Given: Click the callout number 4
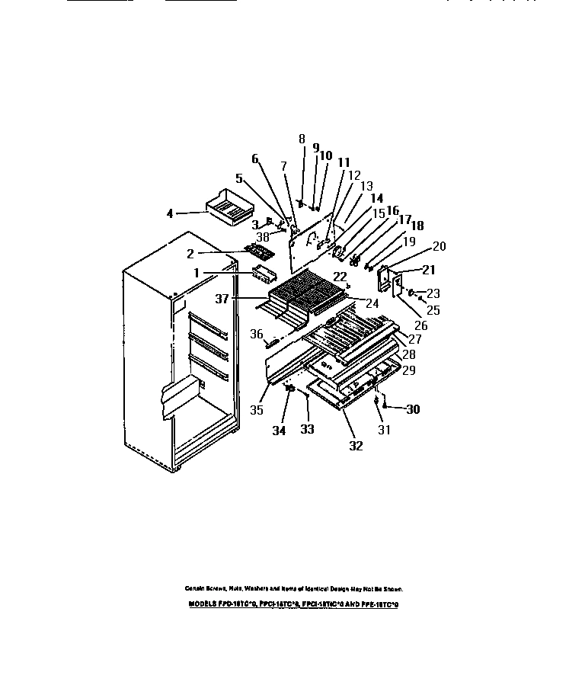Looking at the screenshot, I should tap(170, 213).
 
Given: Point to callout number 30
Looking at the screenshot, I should tap(413, 409).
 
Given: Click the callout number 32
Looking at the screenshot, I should tap(356, 447).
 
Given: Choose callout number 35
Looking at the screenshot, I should tap(258, 409).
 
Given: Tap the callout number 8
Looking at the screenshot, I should tap(302, 139).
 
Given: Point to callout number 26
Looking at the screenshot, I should tap(421, 325).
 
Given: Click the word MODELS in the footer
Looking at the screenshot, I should tap(202, 604).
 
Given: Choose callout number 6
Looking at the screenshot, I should tap(254, 159).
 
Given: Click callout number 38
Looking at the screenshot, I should tap(263, 236).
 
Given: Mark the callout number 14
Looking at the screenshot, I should tap(376, 197).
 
